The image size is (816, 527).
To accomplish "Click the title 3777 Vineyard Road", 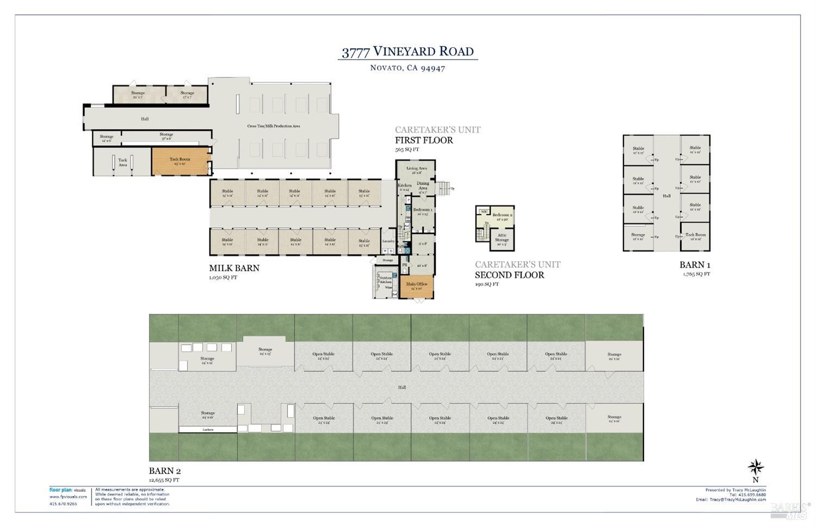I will [407, 52].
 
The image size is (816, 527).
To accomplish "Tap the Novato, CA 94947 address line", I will [407, 68].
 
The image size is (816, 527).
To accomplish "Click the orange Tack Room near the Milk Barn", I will [180, 160].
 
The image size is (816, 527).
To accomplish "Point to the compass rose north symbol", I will [756, 467].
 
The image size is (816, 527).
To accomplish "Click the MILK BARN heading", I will [234, 268].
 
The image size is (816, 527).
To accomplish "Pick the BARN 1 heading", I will [695, 265].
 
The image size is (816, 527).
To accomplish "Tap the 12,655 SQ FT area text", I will [164, 480].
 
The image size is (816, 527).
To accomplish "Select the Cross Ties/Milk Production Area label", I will [274, 126].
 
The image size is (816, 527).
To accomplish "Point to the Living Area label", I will [417, 169].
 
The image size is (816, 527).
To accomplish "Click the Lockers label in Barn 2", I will [208, 430].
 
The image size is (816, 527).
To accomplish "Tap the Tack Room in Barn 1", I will [695, 235].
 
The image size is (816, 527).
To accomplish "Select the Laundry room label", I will [388, 241].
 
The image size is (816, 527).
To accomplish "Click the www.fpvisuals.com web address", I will [67, 497].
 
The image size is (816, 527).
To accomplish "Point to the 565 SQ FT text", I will [407, 150].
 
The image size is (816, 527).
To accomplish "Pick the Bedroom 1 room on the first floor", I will [423, 211].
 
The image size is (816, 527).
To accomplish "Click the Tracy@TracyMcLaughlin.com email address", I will [738, 499].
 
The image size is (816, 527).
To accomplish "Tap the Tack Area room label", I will [123, 162].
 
